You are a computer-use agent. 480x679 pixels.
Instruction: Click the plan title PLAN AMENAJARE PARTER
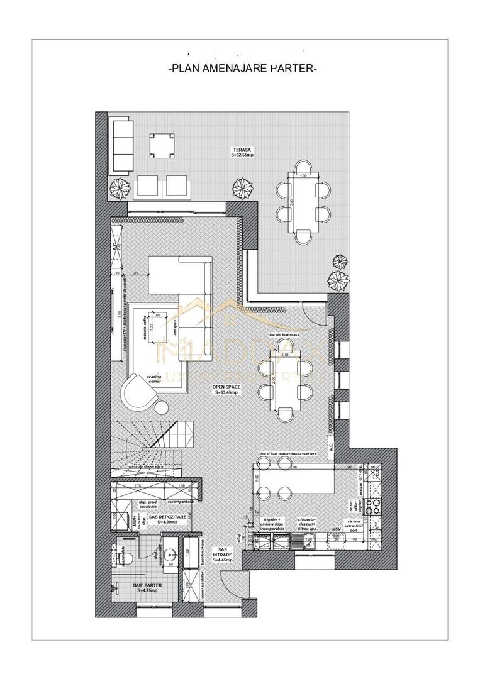click(x=243, y=68)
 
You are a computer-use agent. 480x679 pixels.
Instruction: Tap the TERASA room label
click(x=241, y=151)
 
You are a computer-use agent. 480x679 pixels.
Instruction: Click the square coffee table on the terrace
click(x=162, y=146)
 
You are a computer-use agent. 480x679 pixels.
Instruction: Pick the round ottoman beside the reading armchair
click(x=162, y=407)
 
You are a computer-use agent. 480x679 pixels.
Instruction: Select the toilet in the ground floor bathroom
click(x=117, y=555)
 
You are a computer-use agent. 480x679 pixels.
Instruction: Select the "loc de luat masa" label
click(x=286, y=335)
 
